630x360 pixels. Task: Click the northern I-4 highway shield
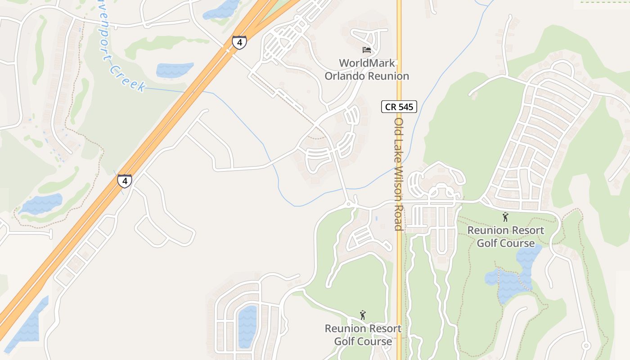[239, 43]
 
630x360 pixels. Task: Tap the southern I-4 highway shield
[125, 181]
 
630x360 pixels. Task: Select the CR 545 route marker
[399, 107]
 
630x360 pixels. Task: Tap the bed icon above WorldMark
[367, 50]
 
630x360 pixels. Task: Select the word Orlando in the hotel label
[345, 76]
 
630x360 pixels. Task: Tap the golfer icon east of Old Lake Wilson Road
[505, 217]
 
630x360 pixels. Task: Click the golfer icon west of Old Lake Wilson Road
[363, 315]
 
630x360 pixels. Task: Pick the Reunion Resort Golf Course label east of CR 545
[505, 237]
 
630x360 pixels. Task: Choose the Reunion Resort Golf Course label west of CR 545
[363, 335]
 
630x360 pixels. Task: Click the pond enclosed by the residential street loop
[247, 326]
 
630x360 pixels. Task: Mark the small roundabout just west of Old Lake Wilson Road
[348, 204]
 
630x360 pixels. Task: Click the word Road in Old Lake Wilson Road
[398, 216]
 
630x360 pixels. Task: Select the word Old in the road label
[398, 126]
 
